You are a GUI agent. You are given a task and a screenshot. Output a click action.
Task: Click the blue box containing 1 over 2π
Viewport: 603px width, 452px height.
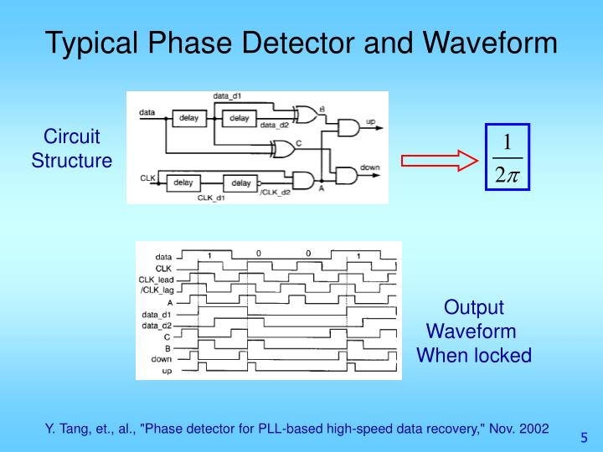(508, 156)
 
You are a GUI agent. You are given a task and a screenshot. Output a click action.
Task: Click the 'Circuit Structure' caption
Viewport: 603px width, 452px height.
(72, 148)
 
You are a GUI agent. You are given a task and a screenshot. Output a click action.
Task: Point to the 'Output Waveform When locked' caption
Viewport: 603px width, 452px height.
(474, 331)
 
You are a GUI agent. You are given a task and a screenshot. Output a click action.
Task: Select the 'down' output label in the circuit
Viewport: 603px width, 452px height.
(369, 167)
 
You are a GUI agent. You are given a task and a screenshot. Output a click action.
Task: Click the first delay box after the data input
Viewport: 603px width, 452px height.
(188, 118)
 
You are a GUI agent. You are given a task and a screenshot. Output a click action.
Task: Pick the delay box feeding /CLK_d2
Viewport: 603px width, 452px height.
(240, 182)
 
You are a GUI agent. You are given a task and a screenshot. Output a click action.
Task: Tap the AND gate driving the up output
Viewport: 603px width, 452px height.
(347, 127)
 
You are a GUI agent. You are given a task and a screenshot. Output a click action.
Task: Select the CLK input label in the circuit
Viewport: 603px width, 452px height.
(147, 177)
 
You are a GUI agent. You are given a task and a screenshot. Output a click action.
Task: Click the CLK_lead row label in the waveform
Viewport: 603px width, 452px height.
(155, 278)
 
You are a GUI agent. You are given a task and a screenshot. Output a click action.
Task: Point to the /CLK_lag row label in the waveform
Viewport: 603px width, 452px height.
(155, 289)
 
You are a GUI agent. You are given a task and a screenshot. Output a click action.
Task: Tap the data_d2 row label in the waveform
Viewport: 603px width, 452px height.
(157, 325)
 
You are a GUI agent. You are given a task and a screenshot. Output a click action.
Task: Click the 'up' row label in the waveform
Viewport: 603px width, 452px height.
(167, 371)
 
